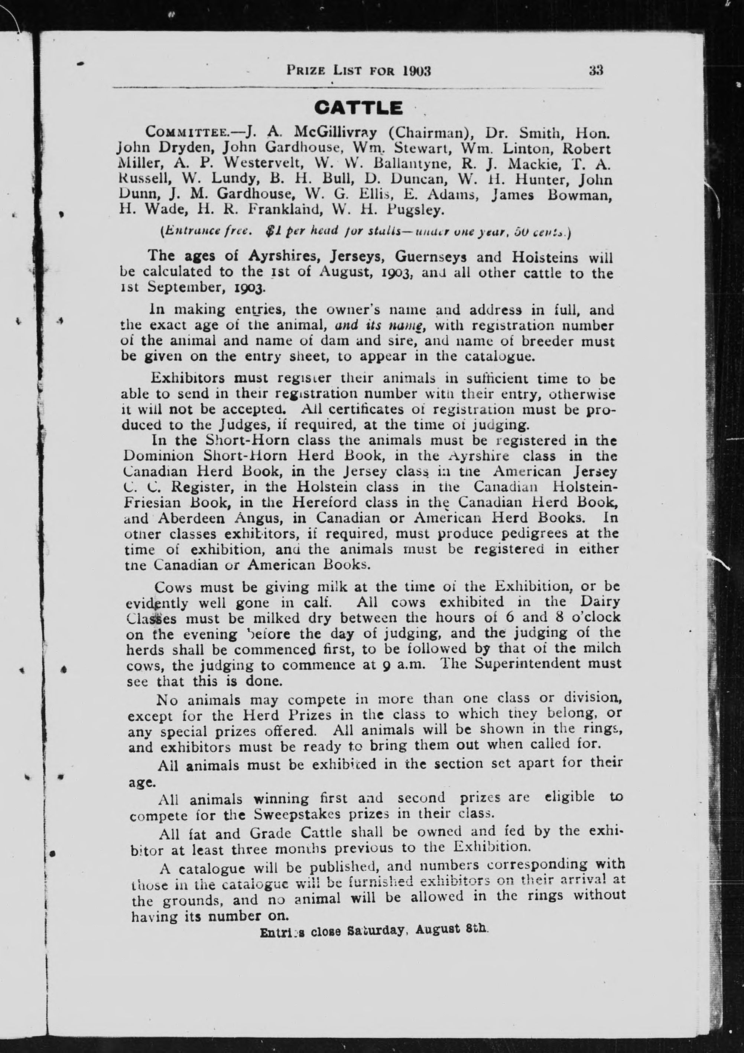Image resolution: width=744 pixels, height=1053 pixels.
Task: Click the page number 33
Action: pyautogui.click(x=596, y=71)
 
